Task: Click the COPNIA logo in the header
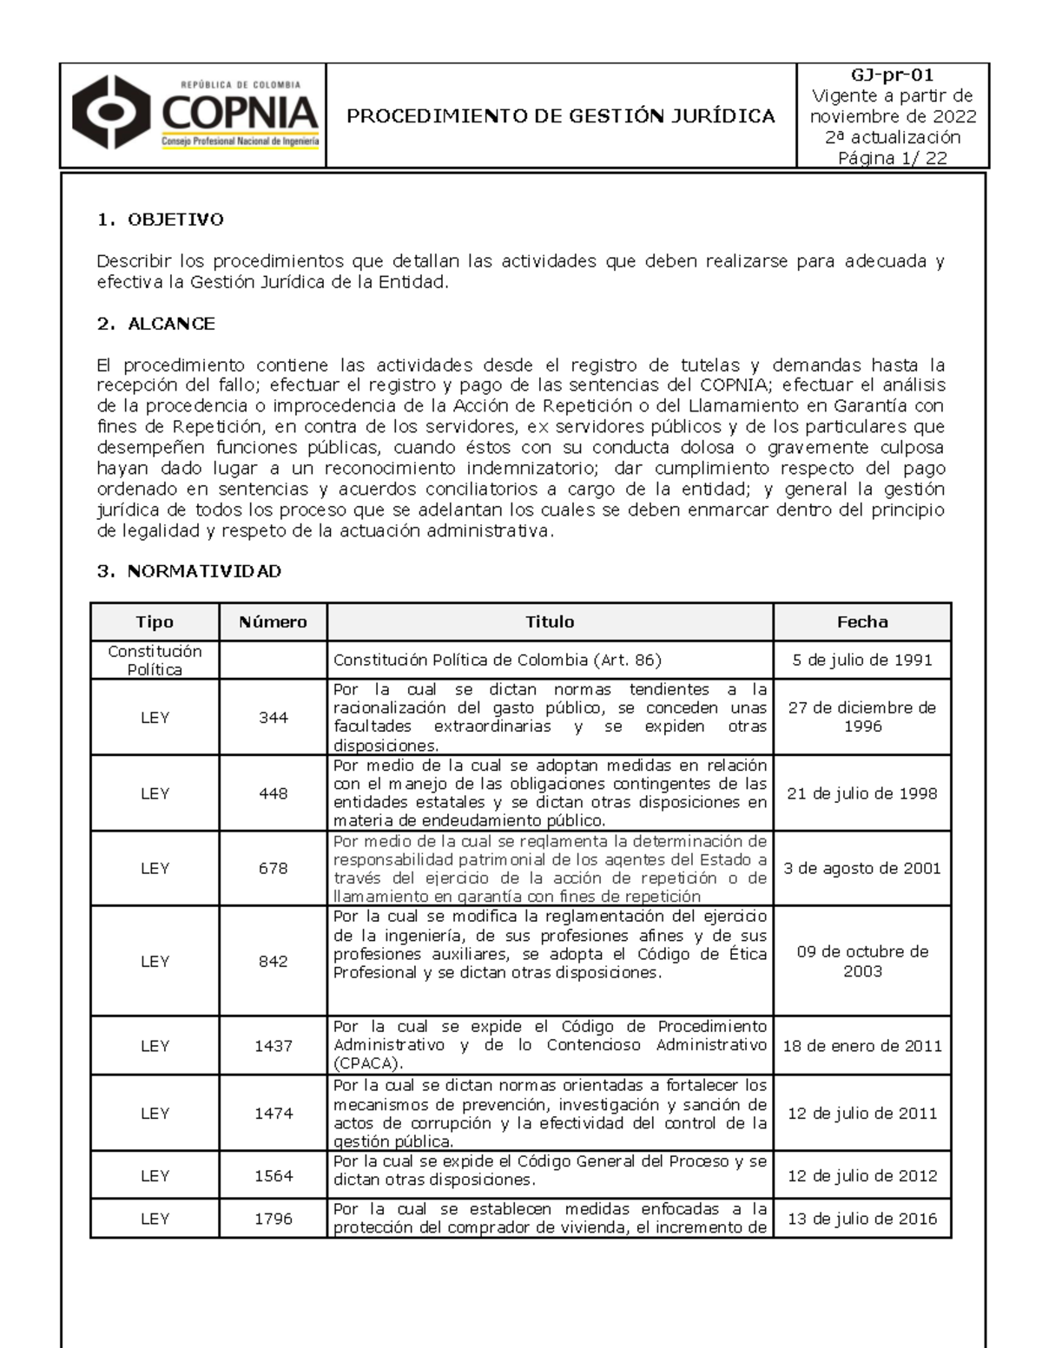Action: click(x=195, y=115)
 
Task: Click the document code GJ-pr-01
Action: click(x=893, y=76)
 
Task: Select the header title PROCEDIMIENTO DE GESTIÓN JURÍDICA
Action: click(x=561, y=116)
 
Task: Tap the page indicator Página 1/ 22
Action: click(x=893, y=158)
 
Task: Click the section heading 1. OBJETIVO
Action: click(x=161, y=220)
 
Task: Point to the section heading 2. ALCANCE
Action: click(x=156, y=324)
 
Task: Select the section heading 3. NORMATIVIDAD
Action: click(x=189, y=571)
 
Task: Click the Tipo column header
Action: click(x=155, y=621)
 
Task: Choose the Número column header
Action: click(x=273, y=621)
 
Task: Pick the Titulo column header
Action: click(x=550, y=621)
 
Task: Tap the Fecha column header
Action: click(x=862, y=621)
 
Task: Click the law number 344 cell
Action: click(x=273, y=718)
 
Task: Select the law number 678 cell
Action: click(x=273, y=868)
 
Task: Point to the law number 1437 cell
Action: click(x=273, y=1046)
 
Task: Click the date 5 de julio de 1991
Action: click(x=862, y=660)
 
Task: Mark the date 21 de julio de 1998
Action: click(x=862, y=793)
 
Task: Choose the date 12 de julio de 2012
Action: click(x=862, y=1176)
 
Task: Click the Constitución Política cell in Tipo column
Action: click(x=155, y=661)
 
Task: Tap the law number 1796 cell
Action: click(x=273, y=1219)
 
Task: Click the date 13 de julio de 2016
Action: click(x=862, y=1219)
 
